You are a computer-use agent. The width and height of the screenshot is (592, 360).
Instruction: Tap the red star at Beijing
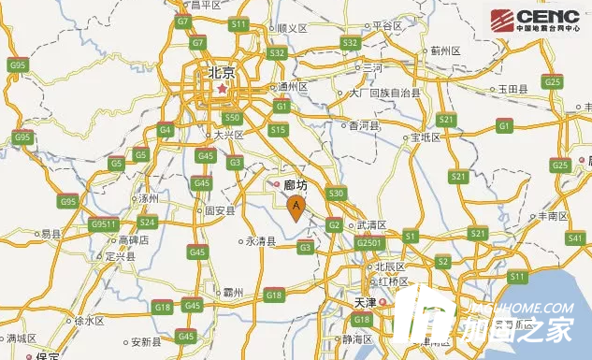[222, 90]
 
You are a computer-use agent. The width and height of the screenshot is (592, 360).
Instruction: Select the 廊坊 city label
[296, 185]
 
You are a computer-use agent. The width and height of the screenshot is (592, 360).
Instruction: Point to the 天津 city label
[365, 303]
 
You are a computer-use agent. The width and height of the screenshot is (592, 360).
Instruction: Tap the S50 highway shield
[233, 118]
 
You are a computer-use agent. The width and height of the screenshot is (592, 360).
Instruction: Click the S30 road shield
[337, 194]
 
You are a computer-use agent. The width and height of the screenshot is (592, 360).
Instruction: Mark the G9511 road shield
[105, 224]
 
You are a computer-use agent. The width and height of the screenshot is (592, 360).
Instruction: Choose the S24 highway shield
[147, 223]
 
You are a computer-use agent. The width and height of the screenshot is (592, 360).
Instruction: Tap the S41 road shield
[575, 239]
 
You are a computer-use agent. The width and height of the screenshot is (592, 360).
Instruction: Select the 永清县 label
[260, 240]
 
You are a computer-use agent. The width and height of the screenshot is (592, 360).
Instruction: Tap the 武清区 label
[371, 225]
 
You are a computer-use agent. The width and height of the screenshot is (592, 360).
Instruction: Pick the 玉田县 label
[513, 88]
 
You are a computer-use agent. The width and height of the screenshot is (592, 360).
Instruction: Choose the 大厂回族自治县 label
[384, 94]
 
